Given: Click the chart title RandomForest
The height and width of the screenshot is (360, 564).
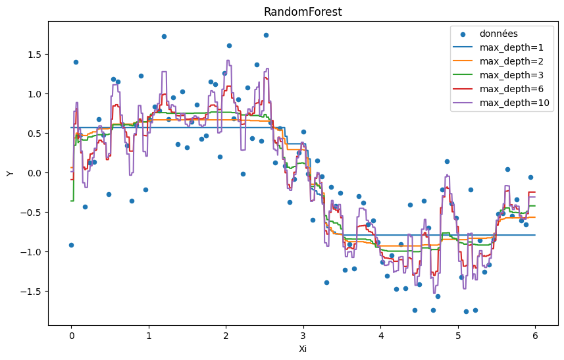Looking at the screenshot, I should pyautogui.click(x=303, y=12).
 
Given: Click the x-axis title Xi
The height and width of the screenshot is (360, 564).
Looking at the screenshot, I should pyautogui.click(x=303, y=349).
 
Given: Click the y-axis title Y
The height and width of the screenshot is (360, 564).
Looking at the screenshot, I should pyautogui.click(x=10, y=173).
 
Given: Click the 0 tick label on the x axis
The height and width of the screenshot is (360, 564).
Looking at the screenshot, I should pyautogui.click(x=71, y=335).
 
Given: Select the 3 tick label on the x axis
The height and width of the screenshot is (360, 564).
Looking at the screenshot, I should pyautogui.click(x=303, y=335).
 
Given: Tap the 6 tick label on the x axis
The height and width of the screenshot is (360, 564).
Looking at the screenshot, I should pyautogui.click(x=535, y=335).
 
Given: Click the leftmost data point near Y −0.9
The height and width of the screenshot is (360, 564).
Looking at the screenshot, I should pyautogui.click(x=71, y=245).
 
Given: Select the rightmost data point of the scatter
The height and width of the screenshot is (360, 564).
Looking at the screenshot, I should pyautogui.click(x=530, y=177).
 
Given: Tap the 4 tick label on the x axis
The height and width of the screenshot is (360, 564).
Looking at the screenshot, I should pyautogui.click(x=380, y=335).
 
